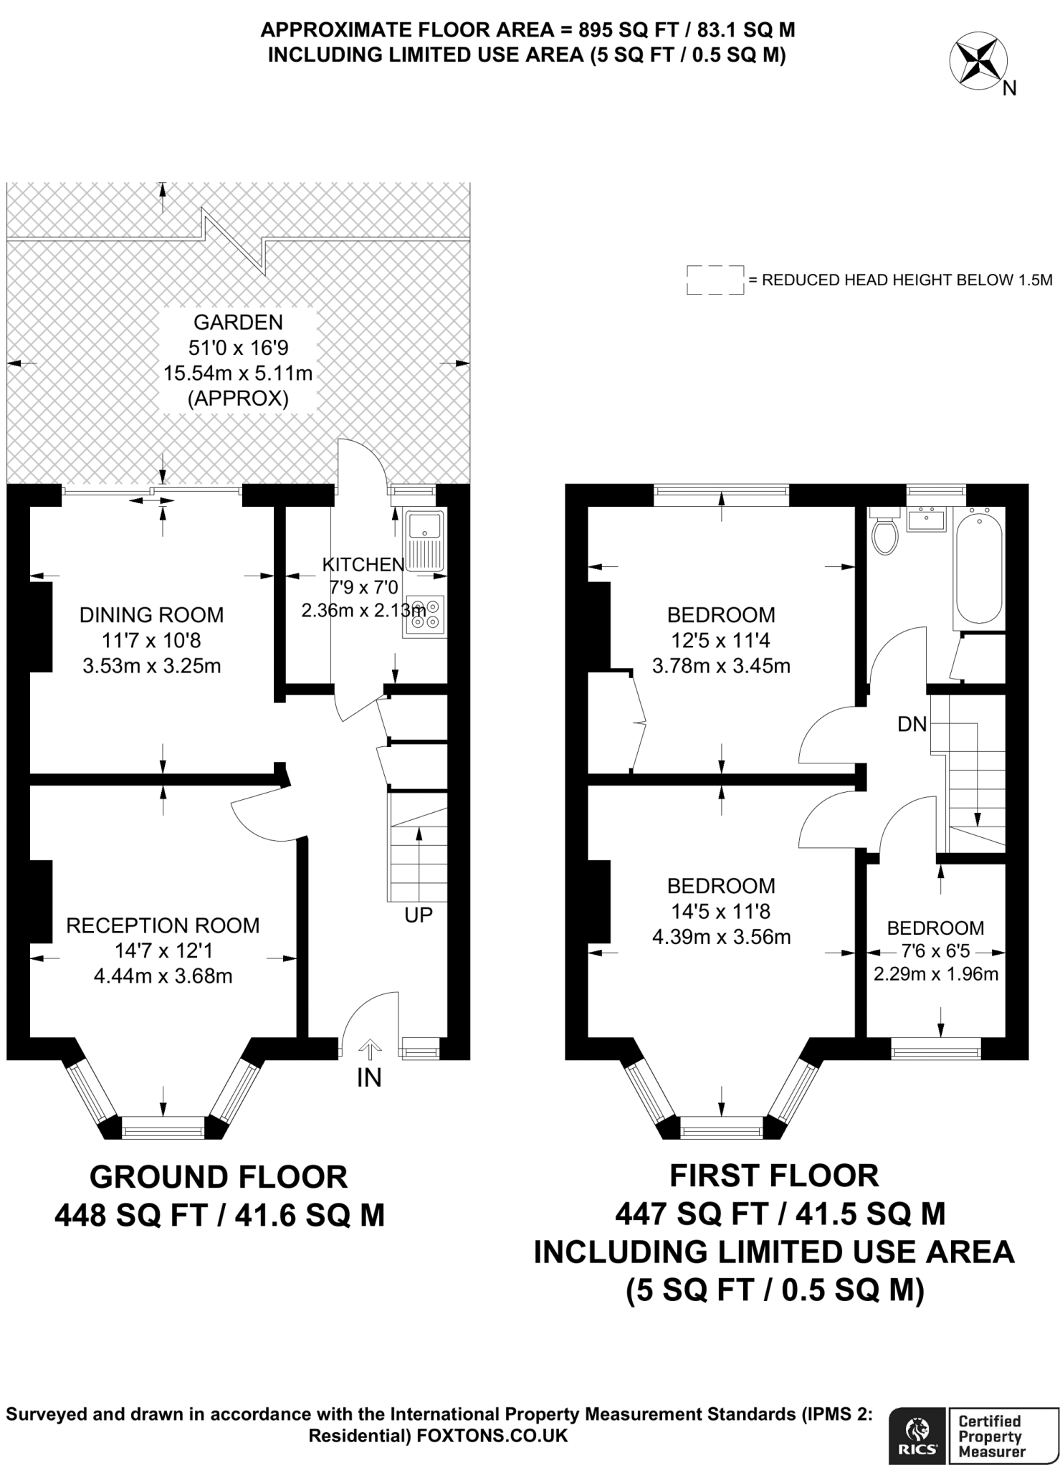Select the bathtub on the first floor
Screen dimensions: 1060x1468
click(980, 566)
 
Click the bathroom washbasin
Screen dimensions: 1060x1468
click(926, 520)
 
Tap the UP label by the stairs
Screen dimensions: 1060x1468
click(419, 915)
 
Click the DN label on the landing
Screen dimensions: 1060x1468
click(912, 724)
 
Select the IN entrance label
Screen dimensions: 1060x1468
click(369, 1078)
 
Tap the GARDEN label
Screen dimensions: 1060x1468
click(239, 322)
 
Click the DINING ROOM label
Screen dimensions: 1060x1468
click(151, 614)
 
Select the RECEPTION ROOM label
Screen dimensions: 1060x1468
click(163, 925)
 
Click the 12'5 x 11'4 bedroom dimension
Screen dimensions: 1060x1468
click(721, 640)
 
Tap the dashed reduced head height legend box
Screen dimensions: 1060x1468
click(715, 280)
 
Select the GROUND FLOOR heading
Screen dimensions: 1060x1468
click(219, 1177)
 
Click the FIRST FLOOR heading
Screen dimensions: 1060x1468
click(774, 1176)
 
